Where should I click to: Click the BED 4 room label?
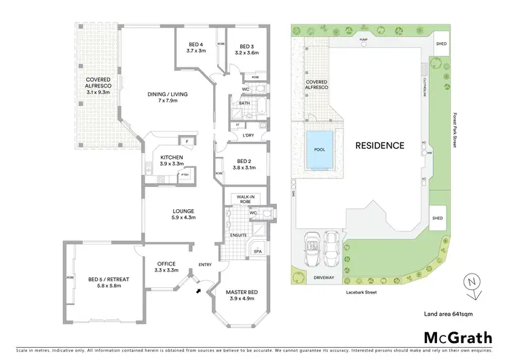pos(196,45)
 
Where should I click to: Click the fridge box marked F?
pos(186,141)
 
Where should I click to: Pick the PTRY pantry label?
pos(184,176)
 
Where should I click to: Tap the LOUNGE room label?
pos(183,211)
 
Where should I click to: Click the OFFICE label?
pos(166,264)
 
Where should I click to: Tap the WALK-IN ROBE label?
pos(245,198)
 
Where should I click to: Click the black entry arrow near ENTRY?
pos(197,291)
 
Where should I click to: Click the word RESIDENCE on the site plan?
pos(380,145)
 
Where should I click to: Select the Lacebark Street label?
pos(359,293)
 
